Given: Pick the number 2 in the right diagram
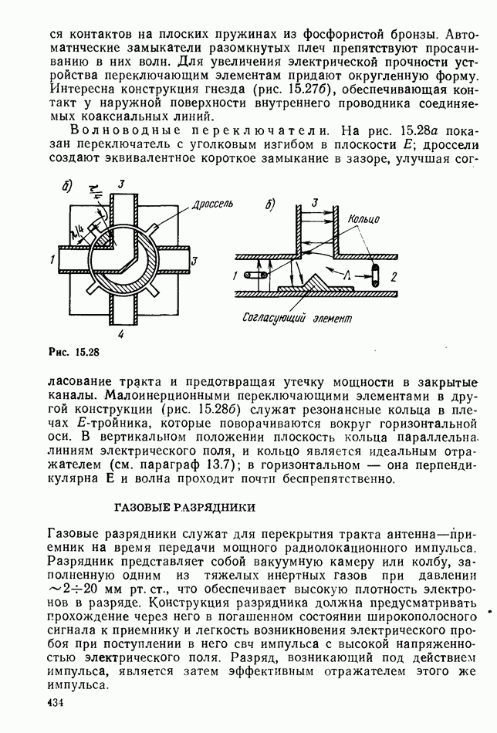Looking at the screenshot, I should [x=394, y=275].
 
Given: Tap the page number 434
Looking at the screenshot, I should [x=55, y=702].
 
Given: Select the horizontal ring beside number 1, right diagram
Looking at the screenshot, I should [x=252, y=275].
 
